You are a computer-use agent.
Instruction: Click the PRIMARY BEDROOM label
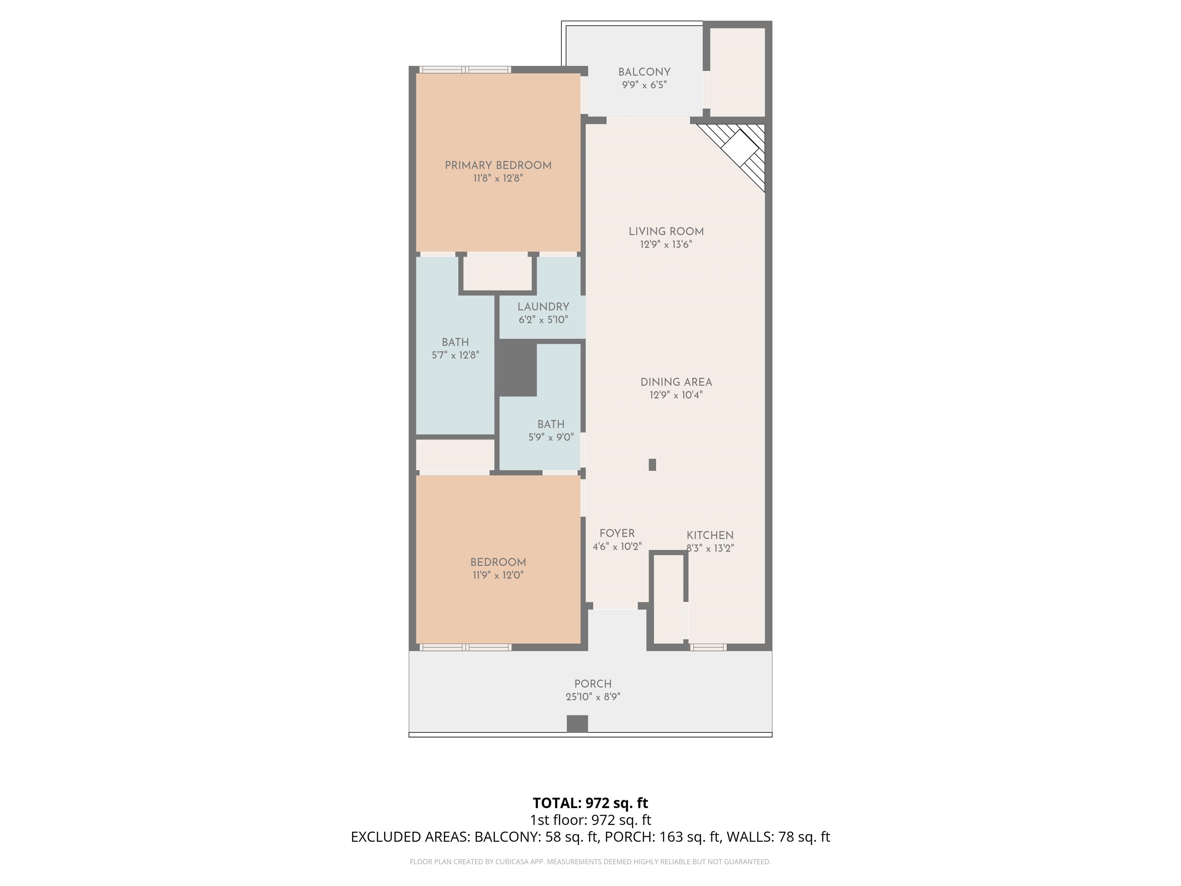[498, 166]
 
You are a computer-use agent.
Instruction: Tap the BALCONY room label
[644, 72]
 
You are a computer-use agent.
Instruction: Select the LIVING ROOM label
[666, 231]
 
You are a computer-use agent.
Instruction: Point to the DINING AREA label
[676, 382]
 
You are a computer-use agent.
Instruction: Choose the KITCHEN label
[710, 535]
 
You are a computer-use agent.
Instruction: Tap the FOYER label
[617, 533]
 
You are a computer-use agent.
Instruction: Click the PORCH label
[593, 684]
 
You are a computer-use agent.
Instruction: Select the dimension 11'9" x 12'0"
[498, 575]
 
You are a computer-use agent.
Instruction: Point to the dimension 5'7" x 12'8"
[456, 355]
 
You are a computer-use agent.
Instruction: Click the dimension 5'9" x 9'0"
[551, 437]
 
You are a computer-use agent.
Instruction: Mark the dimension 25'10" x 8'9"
[593, 697]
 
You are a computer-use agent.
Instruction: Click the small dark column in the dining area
[652, 465]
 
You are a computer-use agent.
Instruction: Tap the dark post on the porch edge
[577, 724]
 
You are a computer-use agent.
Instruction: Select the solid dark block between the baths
[516, 368]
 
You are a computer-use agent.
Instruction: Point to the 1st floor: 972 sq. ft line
[590, 820]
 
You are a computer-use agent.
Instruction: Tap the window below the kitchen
[708, 647]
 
